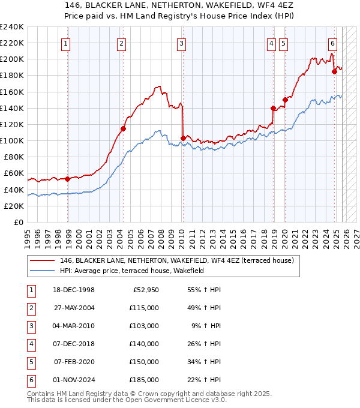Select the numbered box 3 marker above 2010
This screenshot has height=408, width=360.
click(x=181, y=43)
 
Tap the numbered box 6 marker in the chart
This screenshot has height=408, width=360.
click(x=332, y=43)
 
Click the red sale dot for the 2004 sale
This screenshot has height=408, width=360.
click(x=123, y=128)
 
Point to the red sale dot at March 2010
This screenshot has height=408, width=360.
click(x=182, y=138)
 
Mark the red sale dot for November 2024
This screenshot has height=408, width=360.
click(x=335, y=71)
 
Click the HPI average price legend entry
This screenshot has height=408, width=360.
click(x=132, y=271)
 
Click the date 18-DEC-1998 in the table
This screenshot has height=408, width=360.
click(x=74, y=290)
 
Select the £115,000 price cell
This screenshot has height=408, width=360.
click(x=145, y=308)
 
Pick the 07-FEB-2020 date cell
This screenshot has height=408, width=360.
click(x=74, y=362)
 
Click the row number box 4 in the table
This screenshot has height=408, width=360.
click(x=30, y=344)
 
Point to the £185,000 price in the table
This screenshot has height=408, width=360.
click(x=145, y=380)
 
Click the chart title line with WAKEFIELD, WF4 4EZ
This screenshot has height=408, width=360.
click(x=180, y=4)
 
